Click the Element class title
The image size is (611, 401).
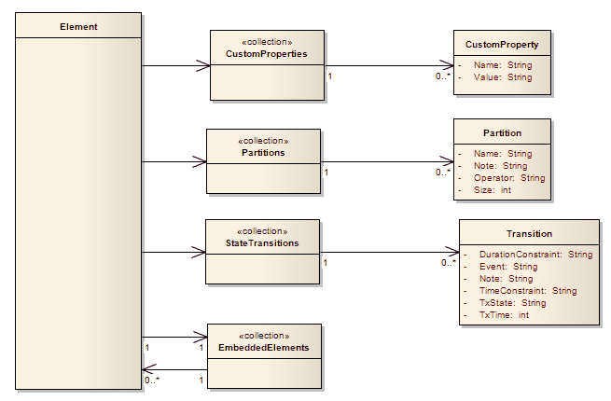(x=78, y=26)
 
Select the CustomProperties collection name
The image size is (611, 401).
(x=265, y=54)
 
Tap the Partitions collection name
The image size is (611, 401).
(x=262, y=152)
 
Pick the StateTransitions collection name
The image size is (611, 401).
(x=262, y=242)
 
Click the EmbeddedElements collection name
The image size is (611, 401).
(x=263, y=347)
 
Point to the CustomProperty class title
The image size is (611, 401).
(x=502, y=44)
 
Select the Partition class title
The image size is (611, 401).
(x=502, y=133)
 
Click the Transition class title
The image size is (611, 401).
(x=529, y=234)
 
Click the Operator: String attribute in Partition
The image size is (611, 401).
(x=508, y=177)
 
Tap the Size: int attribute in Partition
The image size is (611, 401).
(x=492, y=189)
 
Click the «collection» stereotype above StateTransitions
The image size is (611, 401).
(x=262, y=230)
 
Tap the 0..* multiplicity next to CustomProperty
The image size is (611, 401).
(x=443, y=75)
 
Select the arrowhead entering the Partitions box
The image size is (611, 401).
(x=199, y=162)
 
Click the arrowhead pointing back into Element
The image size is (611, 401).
(x=149, y=368)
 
